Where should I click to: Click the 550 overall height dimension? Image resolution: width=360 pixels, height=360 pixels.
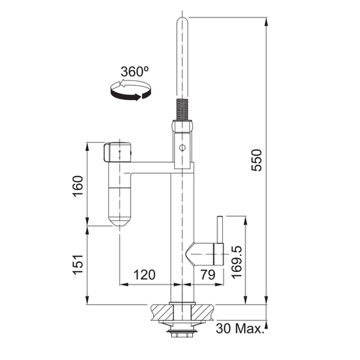[x=257, y=160]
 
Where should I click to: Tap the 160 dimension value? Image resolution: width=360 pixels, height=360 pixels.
[x=78, y=186]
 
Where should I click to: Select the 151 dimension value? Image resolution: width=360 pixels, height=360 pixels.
[x=78, y=265]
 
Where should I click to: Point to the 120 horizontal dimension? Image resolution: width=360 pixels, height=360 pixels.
[x=144, y=275]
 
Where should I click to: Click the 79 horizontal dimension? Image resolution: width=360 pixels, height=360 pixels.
[x=208, y=275]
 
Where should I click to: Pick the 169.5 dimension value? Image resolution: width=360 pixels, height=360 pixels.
[x=237, y=262]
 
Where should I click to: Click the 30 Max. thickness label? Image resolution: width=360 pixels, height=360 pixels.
[x=239, y=329]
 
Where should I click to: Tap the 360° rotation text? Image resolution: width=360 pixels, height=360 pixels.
[x=135, y=71]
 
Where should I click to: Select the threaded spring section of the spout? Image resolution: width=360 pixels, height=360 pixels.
[x=182, y=109]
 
